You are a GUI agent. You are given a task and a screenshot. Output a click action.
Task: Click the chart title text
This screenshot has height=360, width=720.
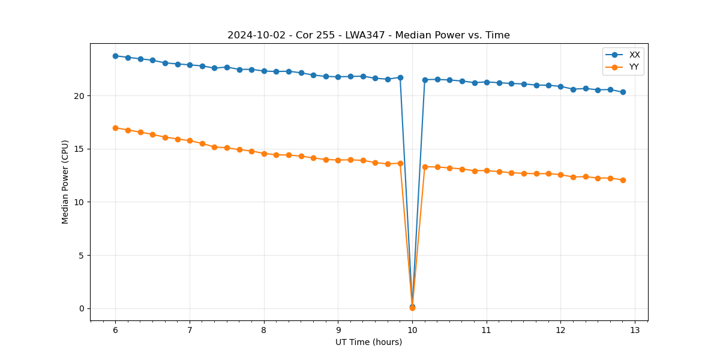(x=368, y=35)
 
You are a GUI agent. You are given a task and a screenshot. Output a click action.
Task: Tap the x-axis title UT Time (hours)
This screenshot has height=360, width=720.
(x=368, y=342)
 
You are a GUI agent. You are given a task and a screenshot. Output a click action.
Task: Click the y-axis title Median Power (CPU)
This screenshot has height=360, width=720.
(x=65, y=182)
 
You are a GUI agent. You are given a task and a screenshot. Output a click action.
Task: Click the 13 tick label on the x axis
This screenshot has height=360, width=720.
(x=635, y=330)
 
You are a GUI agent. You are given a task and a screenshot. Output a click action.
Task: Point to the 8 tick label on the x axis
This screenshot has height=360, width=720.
(x=264, y=330)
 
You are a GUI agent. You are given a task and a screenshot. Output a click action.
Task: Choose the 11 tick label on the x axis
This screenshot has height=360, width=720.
(x=487, y=330)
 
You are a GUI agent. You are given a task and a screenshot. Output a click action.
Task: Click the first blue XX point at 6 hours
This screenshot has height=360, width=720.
(x=115, y=56)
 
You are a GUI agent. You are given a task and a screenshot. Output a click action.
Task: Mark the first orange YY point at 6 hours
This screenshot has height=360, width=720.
(x=115, y=128)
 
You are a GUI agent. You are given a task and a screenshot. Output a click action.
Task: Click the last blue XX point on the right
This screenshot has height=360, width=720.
(x=623, y=92)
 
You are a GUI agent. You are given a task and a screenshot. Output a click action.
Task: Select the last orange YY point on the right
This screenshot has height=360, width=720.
(x=623, y=180)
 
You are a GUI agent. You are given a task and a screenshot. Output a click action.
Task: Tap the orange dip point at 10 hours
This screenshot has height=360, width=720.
(x=412, y=308)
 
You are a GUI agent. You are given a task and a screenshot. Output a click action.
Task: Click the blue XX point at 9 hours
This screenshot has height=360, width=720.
(x=338, y=77)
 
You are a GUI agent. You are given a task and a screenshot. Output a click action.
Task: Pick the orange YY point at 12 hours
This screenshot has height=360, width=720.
(x=560, y=175)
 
